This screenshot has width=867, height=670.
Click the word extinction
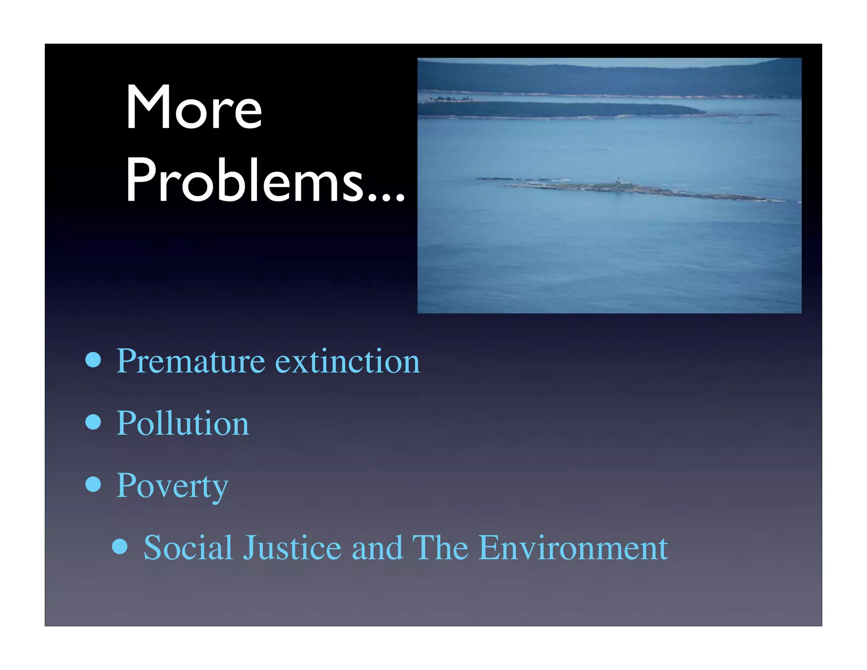(x=348, y=361)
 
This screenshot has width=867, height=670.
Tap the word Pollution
(x=182, y=424)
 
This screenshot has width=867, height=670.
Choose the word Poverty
(x=172, y=486)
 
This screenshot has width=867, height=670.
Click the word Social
(x=188, y=548)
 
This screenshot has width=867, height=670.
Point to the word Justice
(x=292, y=548)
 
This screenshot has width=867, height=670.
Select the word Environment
(x=573, y=548)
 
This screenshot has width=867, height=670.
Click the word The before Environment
(x=440, y=548)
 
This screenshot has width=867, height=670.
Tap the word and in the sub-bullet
(x=377, y=548)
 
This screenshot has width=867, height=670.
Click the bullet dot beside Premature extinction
(x=93, y=360)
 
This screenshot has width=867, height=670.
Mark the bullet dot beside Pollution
(x=93, y=422)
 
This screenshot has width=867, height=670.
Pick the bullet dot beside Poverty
(x=93, y=484)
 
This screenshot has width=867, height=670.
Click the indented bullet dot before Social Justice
(x=120, y=546)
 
